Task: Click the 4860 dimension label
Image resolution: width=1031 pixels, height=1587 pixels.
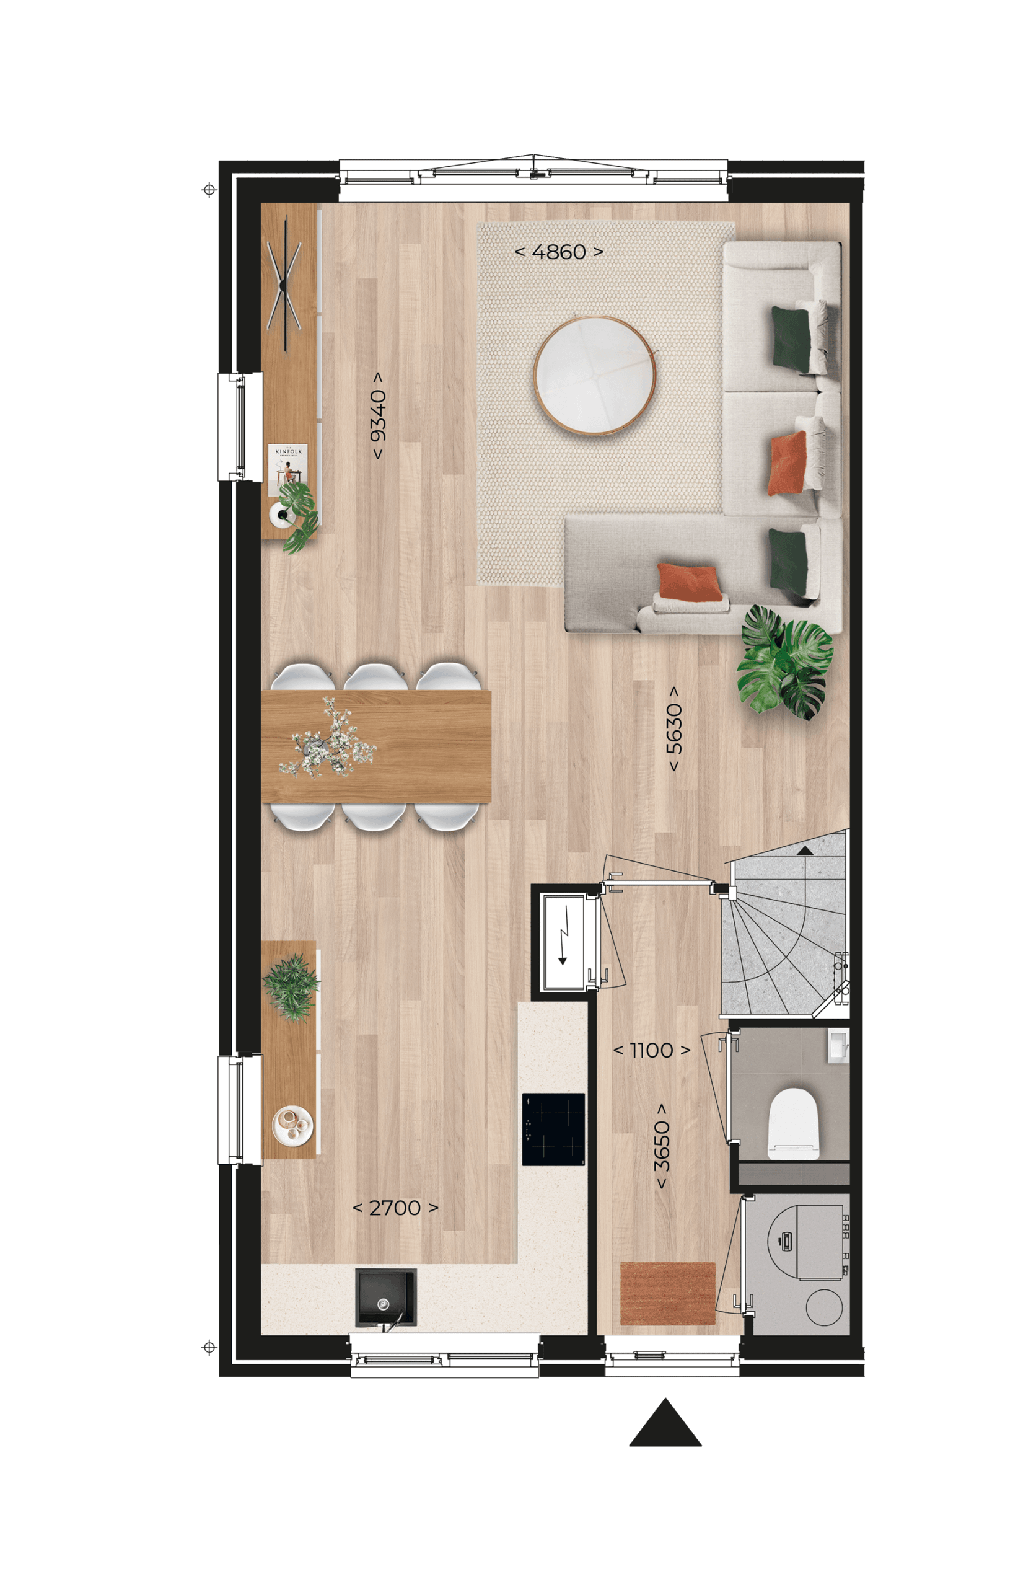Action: pyautogui.click(x=558, y=252)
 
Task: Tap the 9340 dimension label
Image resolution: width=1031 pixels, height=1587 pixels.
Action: pyautogui.click(x=378, y=415)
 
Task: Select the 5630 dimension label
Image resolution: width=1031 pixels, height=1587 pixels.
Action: pyautogui.click(x=675, y=728)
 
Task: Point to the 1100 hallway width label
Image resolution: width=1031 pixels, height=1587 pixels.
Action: pyautogui.click(x=651, y=1051)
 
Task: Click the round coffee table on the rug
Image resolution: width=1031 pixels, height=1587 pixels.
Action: pyautogui.click(x=594, y=376)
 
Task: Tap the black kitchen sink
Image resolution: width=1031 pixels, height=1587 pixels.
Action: pyautogui.click(x=385, y=1297)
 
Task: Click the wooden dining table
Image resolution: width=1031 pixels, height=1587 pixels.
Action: pyautogui.click(x=376, y=747)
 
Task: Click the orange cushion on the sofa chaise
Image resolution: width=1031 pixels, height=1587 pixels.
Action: pyautogui.click(x=689, y=581)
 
